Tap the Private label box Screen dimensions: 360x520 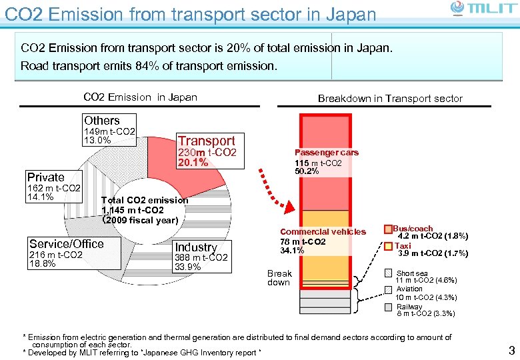(x=53, y=187)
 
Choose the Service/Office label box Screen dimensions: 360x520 (x=67, y=253)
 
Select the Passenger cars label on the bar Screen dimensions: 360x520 (x=326, y=153)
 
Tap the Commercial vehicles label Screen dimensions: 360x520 (x=323, y=231)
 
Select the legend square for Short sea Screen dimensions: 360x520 (x=389, y=273)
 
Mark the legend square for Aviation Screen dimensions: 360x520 (x=389, y=290)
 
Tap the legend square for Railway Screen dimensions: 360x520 (x=389, y=307)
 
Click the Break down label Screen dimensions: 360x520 (x=279, y=277)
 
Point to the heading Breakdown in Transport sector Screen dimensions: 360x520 (x=389, y=99)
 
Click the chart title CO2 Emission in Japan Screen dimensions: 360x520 (x=140, y=97)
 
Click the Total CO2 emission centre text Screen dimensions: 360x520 (x=144, y=210)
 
